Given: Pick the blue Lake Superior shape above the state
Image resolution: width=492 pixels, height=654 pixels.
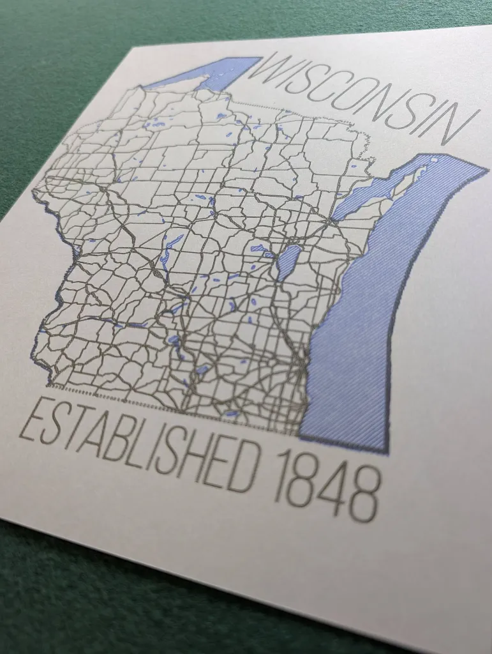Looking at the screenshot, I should coord(211,73).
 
